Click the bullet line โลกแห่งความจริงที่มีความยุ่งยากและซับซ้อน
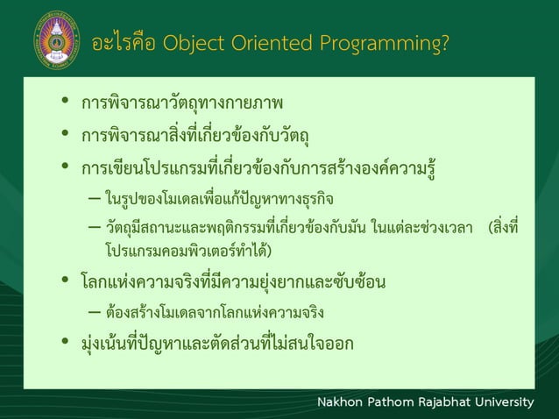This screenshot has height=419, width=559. click(234, 282)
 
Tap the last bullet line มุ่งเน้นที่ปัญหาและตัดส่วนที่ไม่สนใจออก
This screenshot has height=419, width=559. click(217, 343)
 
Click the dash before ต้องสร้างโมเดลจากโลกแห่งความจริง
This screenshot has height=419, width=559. click(93, 313)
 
